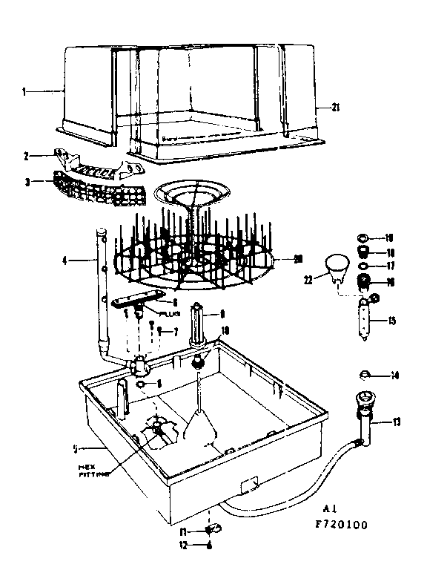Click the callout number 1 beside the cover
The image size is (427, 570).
(24, 92)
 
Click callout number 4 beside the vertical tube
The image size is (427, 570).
(64, 261)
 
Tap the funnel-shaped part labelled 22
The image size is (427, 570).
(337, 266)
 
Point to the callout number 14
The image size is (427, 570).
(395, 376)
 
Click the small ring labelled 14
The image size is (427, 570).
(365, 374)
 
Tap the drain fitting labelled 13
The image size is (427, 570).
(365, 416)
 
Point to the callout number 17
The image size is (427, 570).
(391, 265)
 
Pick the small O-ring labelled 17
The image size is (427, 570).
(363, 266)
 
